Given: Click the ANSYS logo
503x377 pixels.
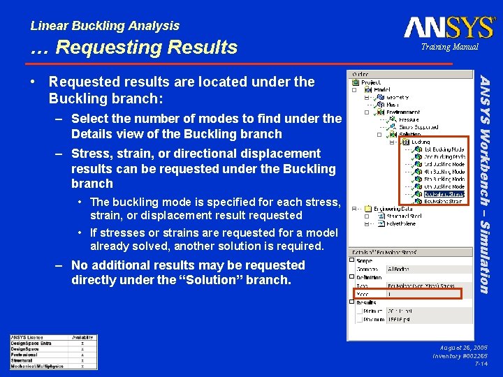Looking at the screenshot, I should [449, 27].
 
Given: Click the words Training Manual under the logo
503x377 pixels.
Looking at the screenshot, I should [449, 47].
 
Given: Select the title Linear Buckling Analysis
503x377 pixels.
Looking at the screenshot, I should [105, 26].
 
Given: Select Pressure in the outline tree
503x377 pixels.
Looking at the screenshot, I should [409, 119].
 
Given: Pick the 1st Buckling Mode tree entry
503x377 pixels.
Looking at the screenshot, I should [444, 149].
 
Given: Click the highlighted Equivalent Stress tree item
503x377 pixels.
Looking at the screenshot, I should [443, 195].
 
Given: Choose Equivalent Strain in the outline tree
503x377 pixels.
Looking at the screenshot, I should [443, 202].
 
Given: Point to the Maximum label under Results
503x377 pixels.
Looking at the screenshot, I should [374, 320].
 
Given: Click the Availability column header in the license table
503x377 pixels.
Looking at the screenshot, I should [82, 337].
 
